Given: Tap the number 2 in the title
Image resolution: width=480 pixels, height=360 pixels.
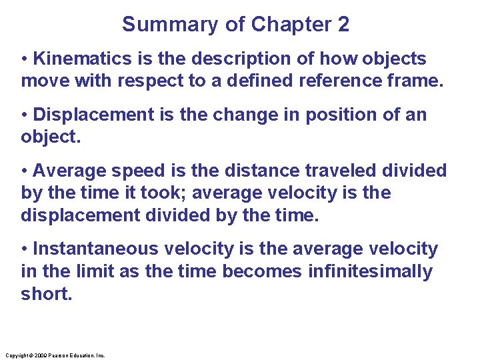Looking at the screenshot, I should point(343,25).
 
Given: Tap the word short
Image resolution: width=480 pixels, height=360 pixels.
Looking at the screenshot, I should point(45,295).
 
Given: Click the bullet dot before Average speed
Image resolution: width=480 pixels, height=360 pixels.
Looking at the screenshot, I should point(25,171).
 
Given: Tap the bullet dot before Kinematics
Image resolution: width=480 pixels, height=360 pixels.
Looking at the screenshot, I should point(25,59).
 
